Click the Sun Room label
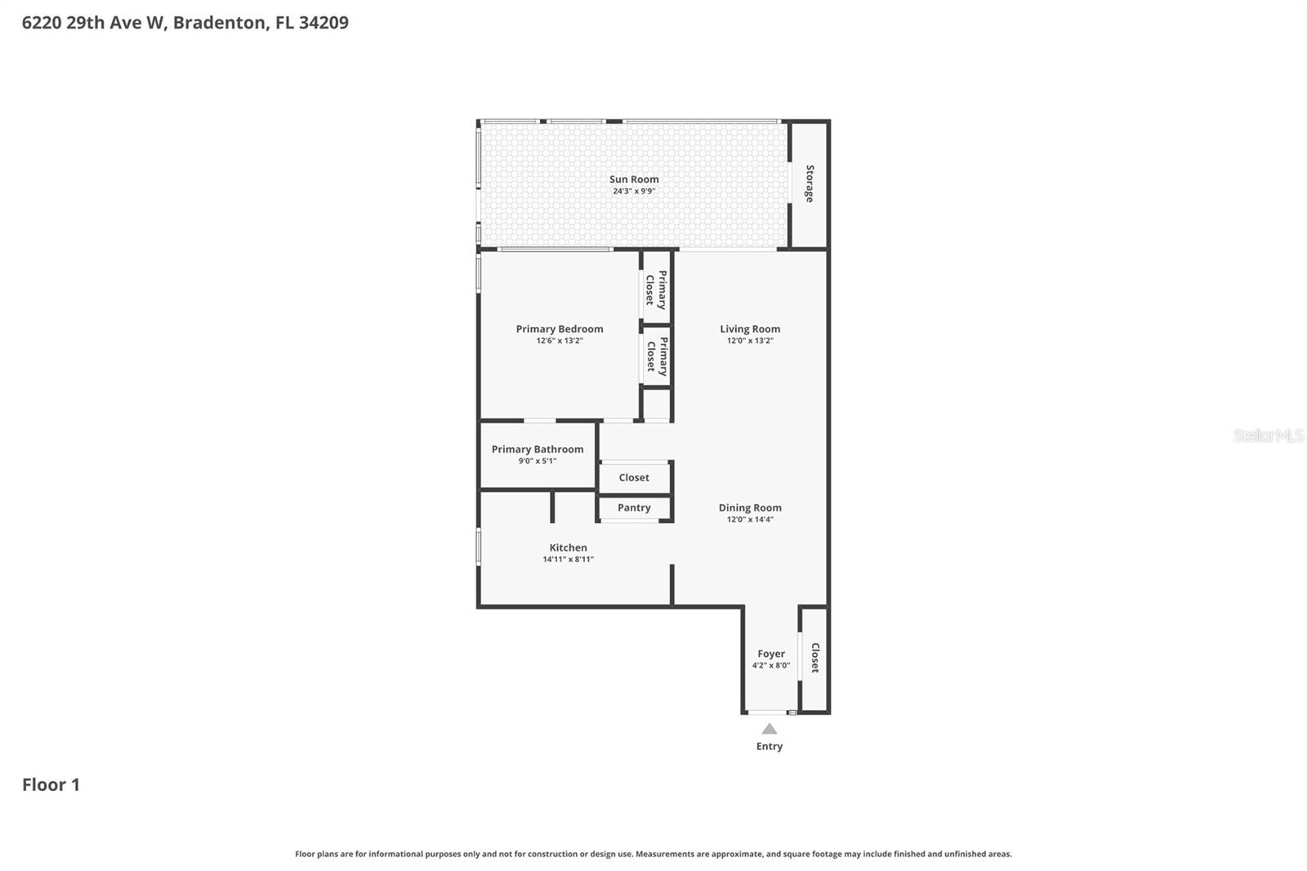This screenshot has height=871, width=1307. tap(634, 179)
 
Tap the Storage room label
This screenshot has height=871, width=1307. tap(810, 184)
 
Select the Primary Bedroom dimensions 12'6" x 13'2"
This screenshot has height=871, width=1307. tap(560, 341)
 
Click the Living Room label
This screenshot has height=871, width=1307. tap(750, 328)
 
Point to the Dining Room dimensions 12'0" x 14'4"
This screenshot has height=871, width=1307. tap(750, 520)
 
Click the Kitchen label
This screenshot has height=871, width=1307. tap(568, 547)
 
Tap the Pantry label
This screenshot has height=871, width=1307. tap(634, 507)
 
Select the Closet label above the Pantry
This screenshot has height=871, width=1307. tap(634, 477)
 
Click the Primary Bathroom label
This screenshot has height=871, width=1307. tap(538, 449)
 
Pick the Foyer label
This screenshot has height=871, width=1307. tap(771, 654)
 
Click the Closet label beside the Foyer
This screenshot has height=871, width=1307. tap(814, 658)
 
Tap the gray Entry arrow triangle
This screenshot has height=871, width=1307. tap(769, 729)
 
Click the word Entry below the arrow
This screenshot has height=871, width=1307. tap(769, 746)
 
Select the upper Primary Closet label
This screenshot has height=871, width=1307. tap(656, 289)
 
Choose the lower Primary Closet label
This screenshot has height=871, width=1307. tap(657, 356)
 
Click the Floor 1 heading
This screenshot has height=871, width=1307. tap(51, 784)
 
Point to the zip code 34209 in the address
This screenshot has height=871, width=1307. tap(323, 22)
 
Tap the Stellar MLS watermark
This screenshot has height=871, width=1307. tap(1268, 435)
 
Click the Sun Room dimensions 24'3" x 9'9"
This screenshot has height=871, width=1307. tap(634, 191)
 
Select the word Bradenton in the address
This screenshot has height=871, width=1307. tap(220, 22)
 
